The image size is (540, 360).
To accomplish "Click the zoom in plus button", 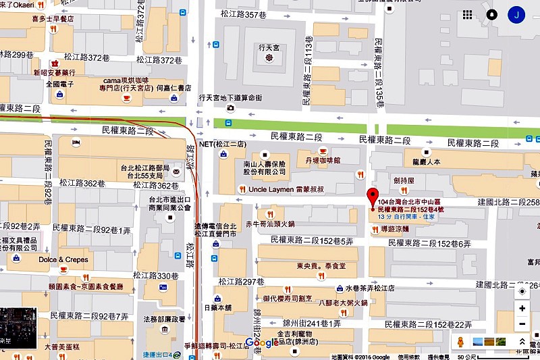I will point(522,308).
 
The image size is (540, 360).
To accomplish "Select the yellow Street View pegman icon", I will point(462,342).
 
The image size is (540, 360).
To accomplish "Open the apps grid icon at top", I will point(468,14).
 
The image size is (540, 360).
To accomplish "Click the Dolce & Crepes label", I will point(63,259).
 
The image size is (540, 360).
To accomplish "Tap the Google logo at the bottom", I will point(262,342).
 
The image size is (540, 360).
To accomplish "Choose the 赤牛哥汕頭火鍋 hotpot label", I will point(270,223).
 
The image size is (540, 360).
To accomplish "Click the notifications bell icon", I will point(492,14).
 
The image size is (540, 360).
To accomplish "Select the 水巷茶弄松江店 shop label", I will point(374,286).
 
